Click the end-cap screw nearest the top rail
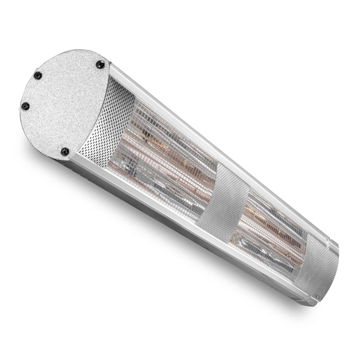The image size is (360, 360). (100, 64)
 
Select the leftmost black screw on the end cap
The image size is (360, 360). (25, 106)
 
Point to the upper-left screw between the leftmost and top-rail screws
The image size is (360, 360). (37, 75)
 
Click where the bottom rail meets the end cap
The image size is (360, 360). (72, 158)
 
